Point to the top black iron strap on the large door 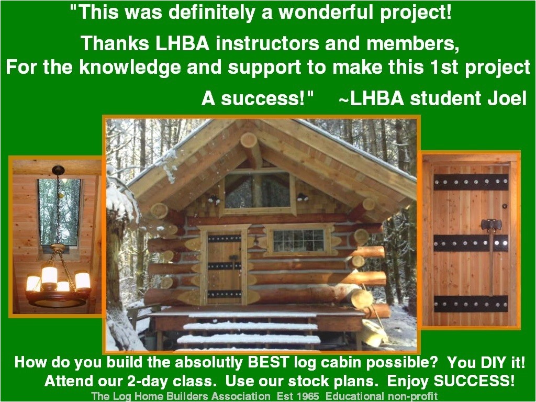coord(471,182)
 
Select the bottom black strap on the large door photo coord(471,304)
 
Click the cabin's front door coord(224,267)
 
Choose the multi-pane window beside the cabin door coord(298,240)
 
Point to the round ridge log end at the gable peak coord(249,140)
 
